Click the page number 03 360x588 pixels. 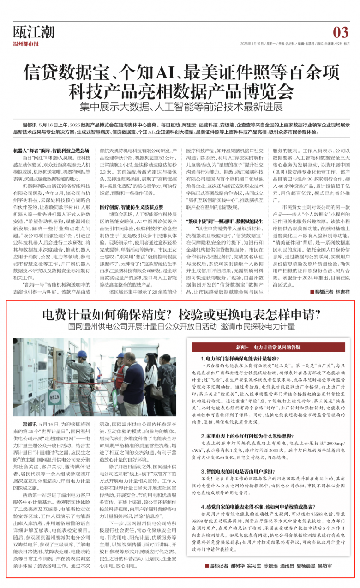[340, 32]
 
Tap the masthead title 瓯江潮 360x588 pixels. [34, 32]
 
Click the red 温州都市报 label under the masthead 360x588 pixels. [26, 44]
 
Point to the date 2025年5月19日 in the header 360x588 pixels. [252, 44]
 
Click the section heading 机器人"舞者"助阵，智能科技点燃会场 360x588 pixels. [51, 150]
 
